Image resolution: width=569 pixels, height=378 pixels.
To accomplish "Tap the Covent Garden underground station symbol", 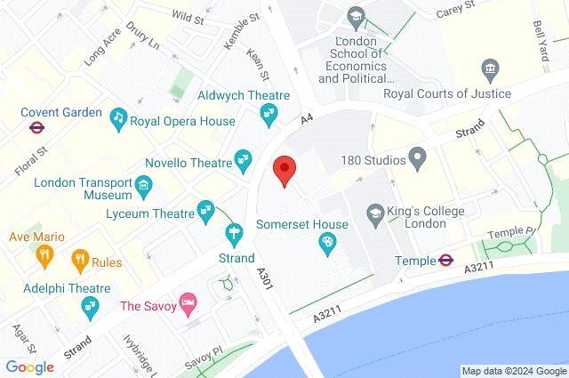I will [x=36, y=127].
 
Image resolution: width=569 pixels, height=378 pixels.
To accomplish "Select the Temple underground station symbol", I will [x=446, y=260].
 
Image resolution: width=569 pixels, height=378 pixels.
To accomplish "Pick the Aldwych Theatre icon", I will [x=267, y=113].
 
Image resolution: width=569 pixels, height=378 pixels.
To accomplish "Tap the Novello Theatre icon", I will [x=243, y=160].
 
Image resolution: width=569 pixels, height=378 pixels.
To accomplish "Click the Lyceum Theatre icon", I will [x=206, y=209].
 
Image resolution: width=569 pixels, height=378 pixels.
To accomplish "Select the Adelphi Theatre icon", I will [x=89, y=306].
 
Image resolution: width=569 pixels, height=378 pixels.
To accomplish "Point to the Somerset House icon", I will [x=327, y=242].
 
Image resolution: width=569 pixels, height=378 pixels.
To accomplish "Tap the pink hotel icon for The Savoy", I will [x=188, y=305].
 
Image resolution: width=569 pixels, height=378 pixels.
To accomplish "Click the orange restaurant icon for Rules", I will [x=80, y=259].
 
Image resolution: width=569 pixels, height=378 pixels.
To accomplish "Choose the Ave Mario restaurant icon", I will [x=44, y=256].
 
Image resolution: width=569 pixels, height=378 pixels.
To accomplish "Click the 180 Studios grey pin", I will [x=418, y=160].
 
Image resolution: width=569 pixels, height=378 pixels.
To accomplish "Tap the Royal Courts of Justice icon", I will [x=488, y=70].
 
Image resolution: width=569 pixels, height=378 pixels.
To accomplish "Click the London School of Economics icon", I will [x=356, y=17].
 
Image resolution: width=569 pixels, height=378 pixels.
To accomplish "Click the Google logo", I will [x=30, y=366].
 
